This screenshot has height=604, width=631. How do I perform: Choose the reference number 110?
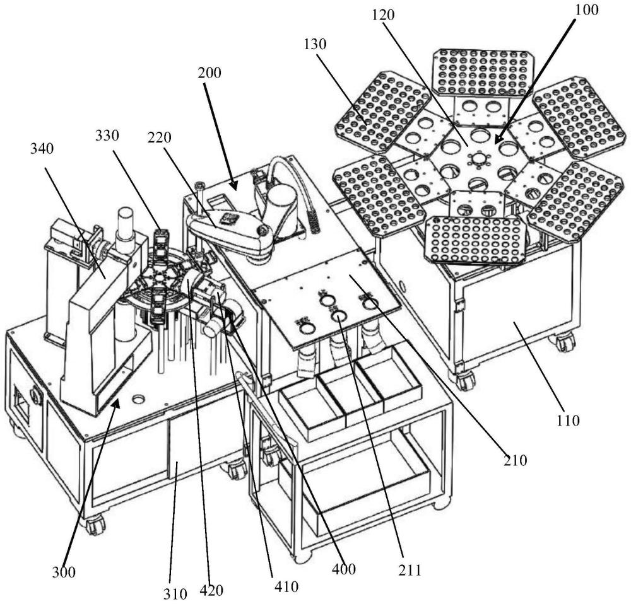click(x=569, y=419)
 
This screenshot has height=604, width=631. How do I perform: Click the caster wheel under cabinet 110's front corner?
click(x=466, y=380)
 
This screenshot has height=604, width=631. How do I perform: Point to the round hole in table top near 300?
click(x=138, y=398)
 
